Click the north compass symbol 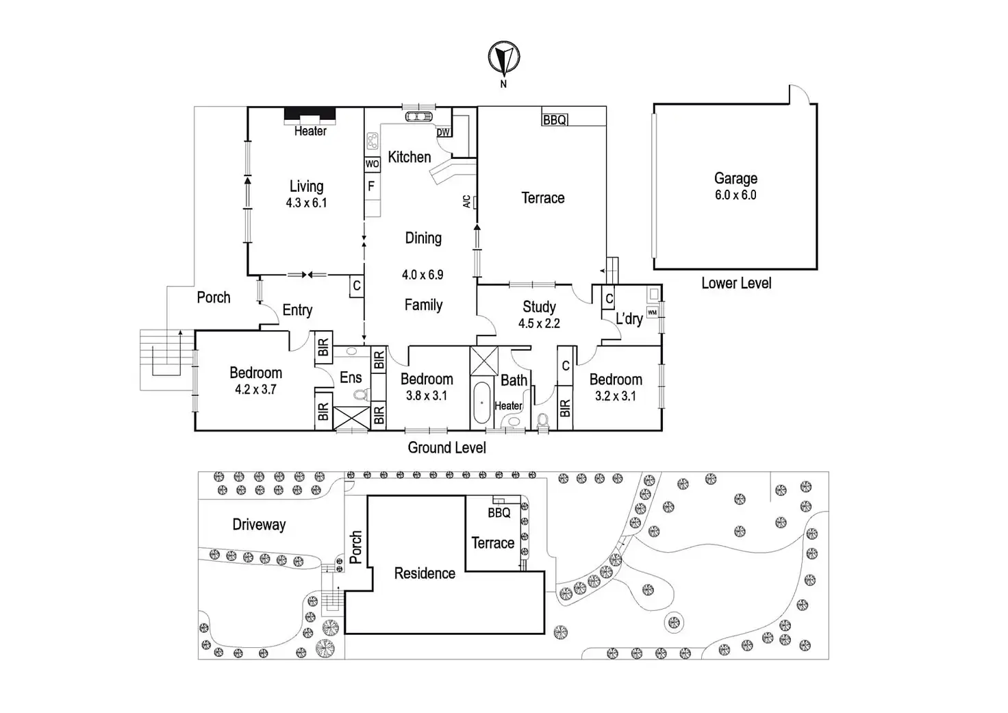coord(504,58)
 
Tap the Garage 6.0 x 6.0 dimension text coord(735,195)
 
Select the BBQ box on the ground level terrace coord(555,120)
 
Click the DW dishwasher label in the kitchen coord(443,132)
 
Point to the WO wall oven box coord(372,164)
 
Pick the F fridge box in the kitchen coord(372,186)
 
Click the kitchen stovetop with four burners coord(373,141)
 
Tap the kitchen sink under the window coord(418,117)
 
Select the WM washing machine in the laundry coord(652,312)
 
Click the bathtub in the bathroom coord(481,403)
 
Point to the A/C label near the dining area coord(466,201)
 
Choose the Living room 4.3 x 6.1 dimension coord(307,203)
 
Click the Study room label coord(539,307)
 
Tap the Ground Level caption coord(447,447)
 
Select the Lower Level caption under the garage coord(736,283)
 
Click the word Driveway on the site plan coord(260,525)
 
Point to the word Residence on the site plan coord(425,573)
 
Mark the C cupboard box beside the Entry coord(357,286)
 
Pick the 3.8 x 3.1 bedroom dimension coord(426,396)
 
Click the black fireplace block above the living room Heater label coord(310,115)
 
